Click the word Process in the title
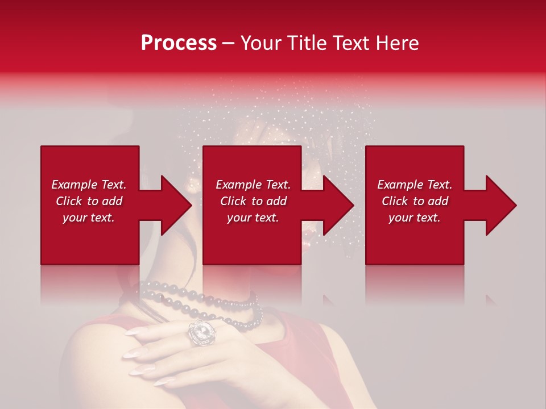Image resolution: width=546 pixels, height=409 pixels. tap(179, 43)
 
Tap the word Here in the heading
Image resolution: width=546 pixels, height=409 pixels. tap(398, 43)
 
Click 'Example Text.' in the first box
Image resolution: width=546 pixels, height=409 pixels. tap(89, 185)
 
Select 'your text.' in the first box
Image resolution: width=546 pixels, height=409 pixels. tap(89, 218)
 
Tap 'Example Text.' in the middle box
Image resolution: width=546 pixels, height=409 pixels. tap(253, 185)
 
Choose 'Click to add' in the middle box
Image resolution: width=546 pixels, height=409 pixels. tap(253, 201)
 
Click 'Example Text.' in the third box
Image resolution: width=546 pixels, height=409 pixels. tap(415, 185)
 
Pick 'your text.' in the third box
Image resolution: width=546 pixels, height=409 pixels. tap(415, 218)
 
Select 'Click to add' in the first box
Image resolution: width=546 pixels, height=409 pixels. tap(89, 201)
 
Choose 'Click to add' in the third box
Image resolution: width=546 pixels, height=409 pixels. tap(415, 201)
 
